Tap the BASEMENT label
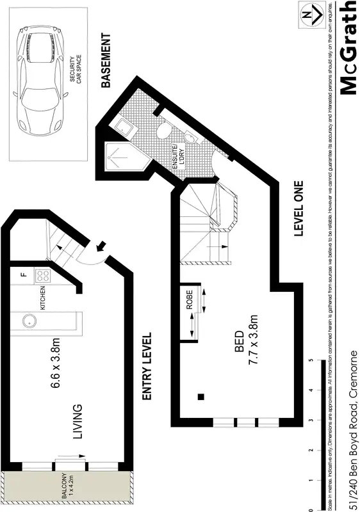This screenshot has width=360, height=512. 107,61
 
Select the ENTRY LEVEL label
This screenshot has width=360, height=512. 146,367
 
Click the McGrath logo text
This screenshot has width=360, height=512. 347,47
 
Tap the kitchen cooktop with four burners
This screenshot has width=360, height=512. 43,276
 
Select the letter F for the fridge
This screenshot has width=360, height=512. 22,275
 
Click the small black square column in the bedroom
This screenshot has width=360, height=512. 201,397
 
